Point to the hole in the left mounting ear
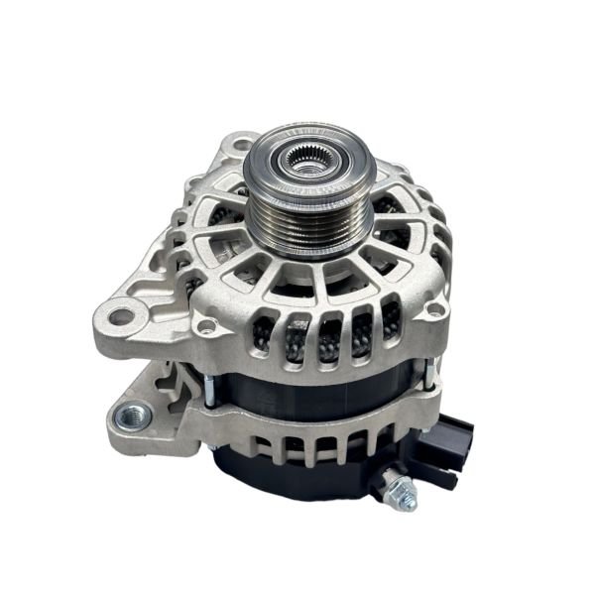pos(121,317)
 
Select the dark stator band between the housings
pos(297,392)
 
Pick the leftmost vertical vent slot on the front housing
pos(267,337)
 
